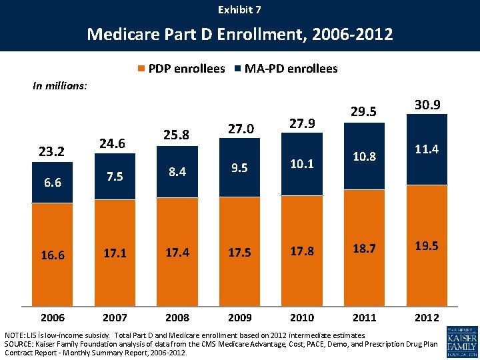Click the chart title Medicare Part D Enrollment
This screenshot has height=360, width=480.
click(240, 33)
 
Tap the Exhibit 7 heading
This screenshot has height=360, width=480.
click(240, 9)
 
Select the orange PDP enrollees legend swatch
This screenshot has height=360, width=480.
click(141, 69)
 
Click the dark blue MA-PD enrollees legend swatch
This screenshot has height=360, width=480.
click(239, 69)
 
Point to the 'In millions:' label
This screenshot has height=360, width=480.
click(60, 85)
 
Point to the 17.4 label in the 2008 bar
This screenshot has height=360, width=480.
click(177, 254)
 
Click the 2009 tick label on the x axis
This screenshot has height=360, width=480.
click(239, 318)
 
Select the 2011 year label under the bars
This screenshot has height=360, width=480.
click(365, 318)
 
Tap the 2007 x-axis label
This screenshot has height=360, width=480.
click(114, 318)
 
